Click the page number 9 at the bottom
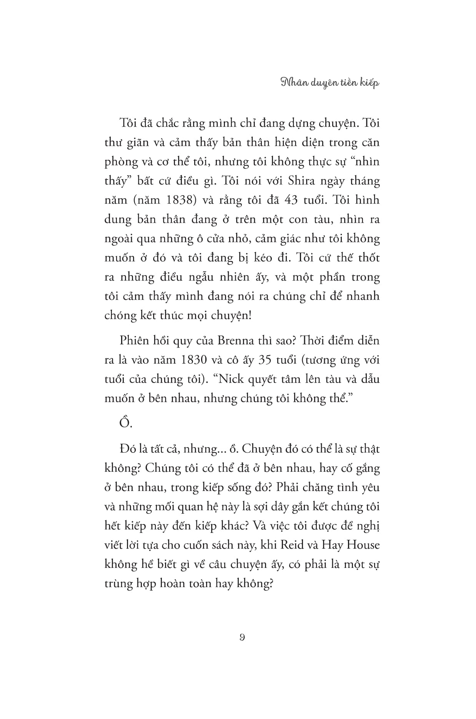tap(242, 637)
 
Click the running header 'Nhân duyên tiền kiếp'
tap(330, 83)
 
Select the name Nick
tap(233, 379)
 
